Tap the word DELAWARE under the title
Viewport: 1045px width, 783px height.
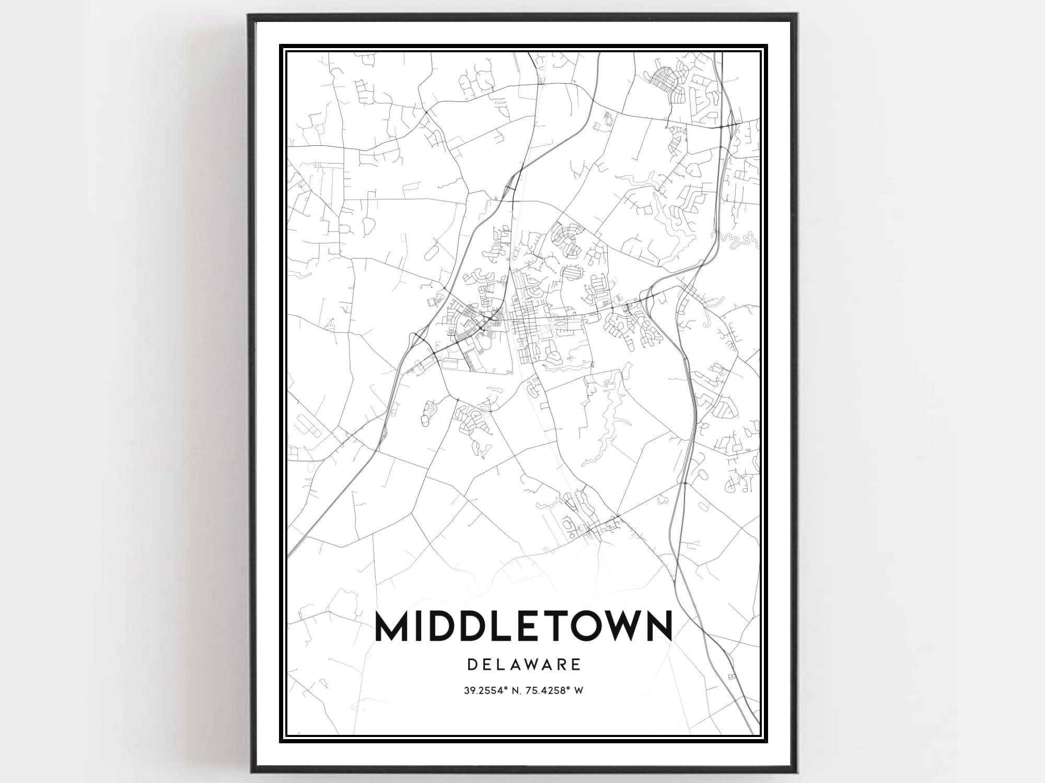click(524, 664)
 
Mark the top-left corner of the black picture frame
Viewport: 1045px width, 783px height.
click(249, 15)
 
